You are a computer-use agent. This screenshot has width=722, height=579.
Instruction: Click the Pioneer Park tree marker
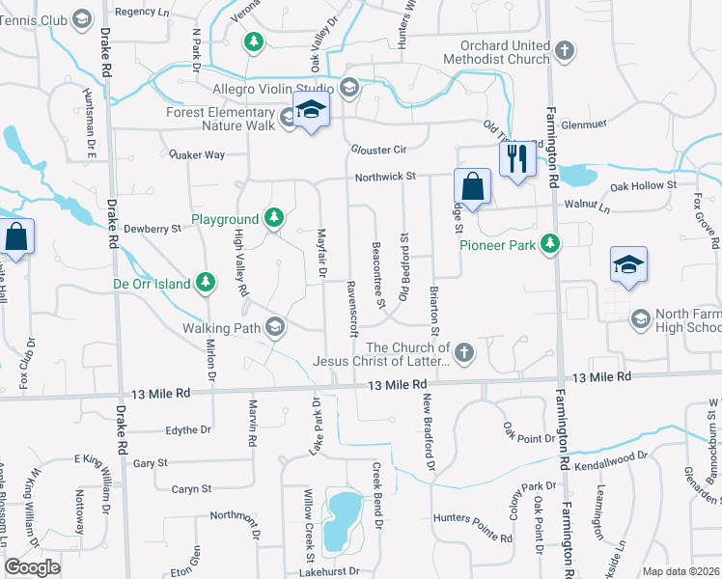[550, 243]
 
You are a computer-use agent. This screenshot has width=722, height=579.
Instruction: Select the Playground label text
[225, 220]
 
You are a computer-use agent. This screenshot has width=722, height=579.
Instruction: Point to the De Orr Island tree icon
[205, 282]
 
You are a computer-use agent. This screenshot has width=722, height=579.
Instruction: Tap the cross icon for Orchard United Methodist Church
[566, 51]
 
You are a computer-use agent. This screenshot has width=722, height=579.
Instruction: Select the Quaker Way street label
[196, 154]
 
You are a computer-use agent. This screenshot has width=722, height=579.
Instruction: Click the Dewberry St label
[153, 229]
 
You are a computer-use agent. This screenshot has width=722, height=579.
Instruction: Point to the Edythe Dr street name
[188, 429]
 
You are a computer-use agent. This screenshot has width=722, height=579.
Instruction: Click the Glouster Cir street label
[379, 150]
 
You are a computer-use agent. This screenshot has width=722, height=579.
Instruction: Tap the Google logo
[33, 568]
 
